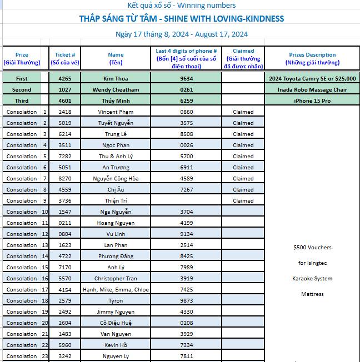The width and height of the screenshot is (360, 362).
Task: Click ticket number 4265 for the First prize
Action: (64, 79)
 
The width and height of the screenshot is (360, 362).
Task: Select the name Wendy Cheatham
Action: (116, 90)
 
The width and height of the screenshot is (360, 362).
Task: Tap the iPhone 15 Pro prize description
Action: (312, 101)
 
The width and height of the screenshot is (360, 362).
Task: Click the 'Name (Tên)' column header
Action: (116, 58)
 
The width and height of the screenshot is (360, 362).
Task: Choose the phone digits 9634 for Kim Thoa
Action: (187, 79)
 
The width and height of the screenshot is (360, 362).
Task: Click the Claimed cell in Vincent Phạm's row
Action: (243, 112)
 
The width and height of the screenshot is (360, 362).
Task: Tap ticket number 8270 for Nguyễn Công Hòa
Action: (64, 179)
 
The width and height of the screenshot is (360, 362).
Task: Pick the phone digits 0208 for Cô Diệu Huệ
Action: (187, 323)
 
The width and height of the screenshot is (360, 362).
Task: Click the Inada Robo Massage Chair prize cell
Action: (312, 90)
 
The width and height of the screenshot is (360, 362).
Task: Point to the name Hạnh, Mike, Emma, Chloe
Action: (116, 290)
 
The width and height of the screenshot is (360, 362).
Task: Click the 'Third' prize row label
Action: (22, 101)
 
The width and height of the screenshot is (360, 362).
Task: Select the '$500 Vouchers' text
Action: (312, 248)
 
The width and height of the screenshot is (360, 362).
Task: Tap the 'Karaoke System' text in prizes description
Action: (312, 279)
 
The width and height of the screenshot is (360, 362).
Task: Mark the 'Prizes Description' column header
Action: (312, 58)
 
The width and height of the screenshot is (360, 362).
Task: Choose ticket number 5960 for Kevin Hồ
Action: (64, 345)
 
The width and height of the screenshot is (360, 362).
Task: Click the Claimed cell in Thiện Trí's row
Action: (243, 201)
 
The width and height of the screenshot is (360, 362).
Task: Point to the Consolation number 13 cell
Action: (44, 245)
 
